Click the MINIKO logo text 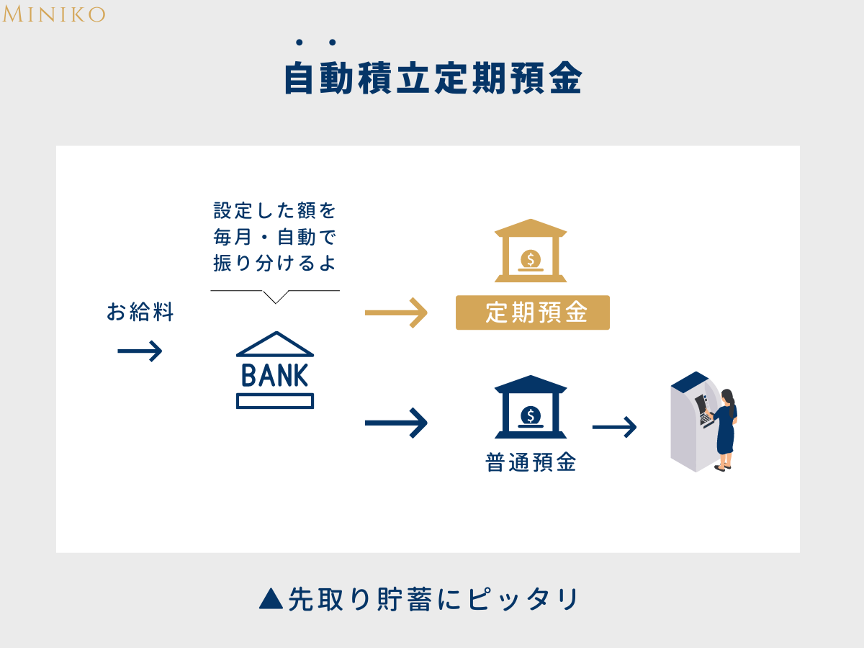[54, 14]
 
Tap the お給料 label [140, 312]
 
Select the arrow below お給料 [140, 351]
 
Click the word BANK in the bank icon [275, 375]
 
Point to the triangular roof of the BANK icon [275, 344]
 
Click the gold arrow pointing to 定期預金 [396, 313]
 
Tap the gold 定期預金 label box [533, 312]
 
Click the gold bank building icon [531, 251]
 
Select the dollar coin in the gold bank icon [531, 258]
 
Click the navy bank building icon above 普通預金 [531, 407]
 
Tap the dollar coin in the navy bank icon [531, 415]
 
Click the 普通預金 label [531, 462]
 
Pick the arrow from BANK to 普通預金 [396, 422]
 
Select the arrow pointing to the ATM [614, 428]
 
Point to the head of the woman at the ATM [727, 396]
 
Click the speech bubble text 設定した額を [275, 212]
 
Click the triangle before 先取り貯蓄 [270, 598]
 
